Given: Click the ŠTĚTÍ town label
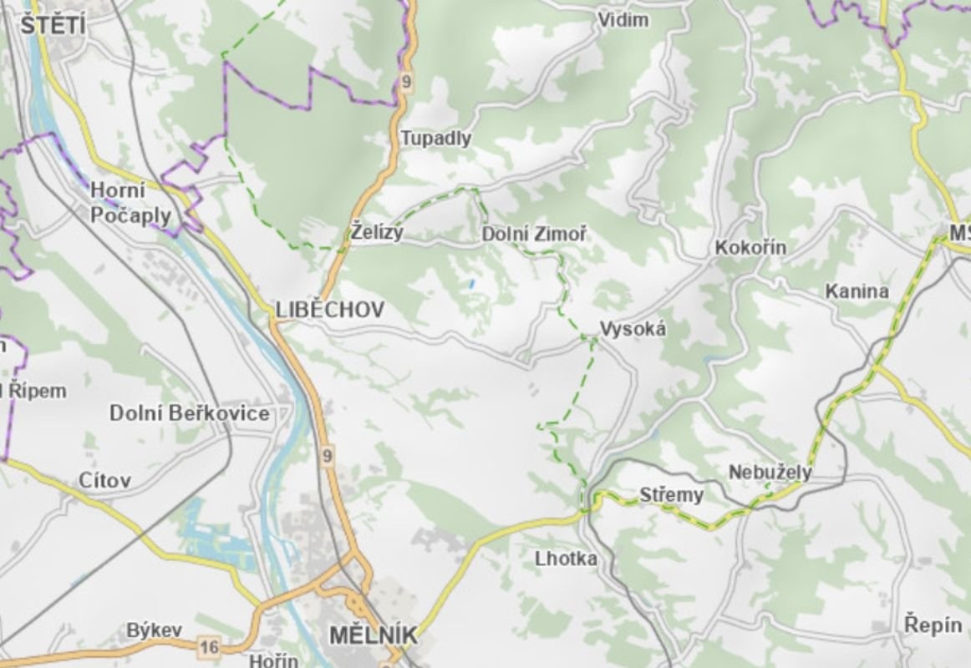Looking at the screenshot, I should pyautogui.click(x=53, y=25).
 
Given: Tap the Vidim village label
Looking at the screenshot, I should pyautogui.click(x=623, y=19).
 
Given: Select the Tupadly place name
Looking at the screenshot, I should pyautogui.click(x=435, y=139).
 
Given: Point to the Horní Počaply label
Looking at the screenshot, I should pyautogui.click(x=130, y=203).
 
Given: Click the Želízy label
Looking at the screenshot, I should pyautogui.click(x=377, y=233).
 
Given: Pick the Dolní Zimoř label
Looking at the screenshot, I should pyautogui.click(x=534, y=235).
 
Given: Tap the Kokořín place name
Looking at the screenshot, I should pyautogui.click(x=750, y=248).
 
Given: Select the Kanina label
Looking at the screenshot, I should pyautogui.click(x=857, y=291).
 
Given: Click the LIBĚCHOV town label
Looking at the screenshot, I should pyautogui.click(x=330, y=310).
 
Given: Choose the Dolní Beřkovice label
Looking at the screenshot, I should pyautogui.click(x=190, y=413).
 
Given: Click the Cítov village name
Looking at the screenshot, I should pyautogui.click(x=104, y=480).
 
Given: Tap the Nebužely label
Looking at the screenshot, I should pyautogui.click(x=770, y=473).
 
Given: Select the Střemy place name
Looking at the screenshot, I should pyautogui.click(x=671, y=495).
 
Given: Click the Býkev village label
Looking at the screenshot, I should pyautogui.click(x=154, y=630).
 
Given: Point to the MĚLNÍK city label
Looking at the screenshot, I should pyautogui.click(x=372, y=635).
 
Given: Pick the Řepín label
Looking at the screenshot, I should pyautogui.click(x=933, y=623).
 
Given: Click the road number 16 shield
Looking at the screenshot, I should pyautogui.click(x=209, y=645).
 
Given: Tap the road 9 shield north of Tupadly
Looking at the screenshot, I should pyautogui.click(x=407, y=81).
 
